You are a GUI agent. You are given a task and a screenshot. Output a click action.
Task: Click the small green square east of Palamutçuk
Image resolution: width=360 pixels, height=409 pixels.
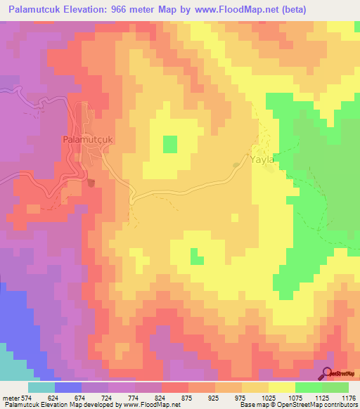coord(170,144)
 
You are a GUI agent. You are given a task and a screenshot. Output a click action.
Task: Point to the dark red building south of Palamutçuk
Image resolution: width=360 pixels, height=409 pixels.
coord(91,183)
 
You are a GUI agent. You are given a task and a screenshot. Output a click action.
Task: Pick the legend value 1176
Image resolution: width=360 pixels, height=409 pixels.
coord(348,398)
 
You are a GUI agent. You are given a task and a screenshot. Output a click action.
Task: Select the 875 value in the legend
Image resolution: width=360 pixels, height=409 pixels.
coord(188,398)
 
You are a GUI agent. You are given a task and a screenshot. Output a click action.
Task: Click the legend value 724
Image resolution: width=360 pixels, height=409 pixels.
coord(108,398)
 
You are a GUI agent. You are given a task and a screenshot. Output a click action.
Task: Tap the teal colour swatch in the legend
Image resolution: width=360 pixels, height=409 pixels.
coord(41,387)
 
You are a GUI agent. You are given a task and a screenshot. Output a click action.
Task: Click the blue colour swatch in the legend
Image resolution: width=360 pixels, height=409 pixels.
coord(68,387)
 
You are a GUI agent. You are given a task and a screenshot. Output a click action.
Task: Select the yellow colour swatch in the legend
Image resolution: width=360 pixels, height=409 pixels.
coord(282,387)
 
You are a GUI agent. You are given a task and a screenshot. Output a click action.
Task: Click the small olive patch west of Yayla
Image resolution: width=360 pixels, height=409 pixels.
coord(236,166)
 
